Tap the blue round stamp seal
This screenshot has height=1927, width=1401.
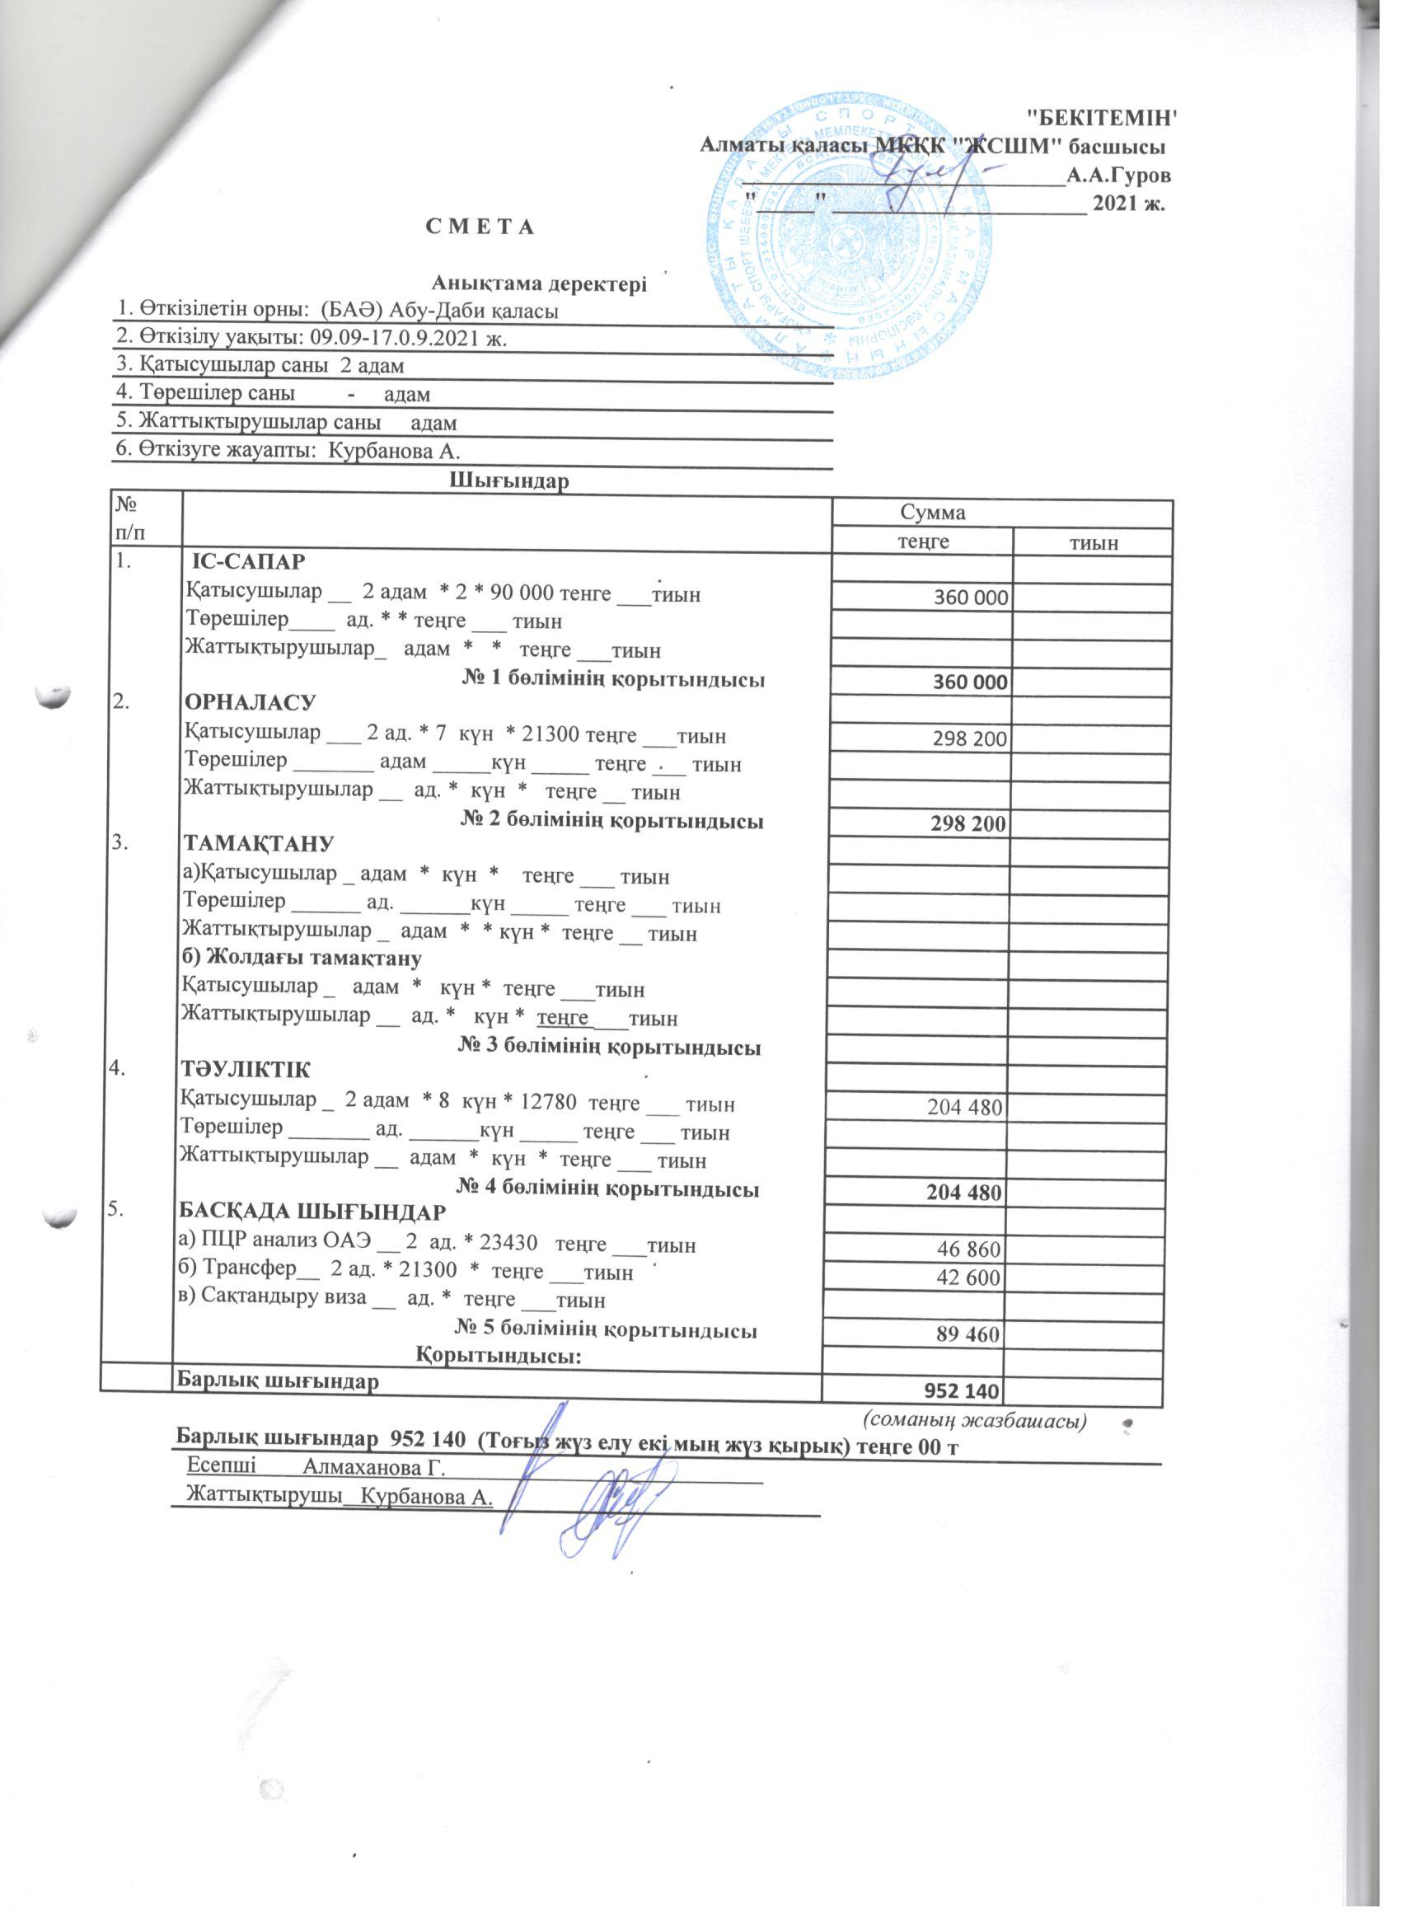[850, 242]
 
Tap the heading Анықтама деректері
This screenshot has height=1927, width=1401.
[540, 284]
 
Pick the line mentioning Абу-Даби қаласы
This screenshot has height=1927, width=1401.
[338, 311]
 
